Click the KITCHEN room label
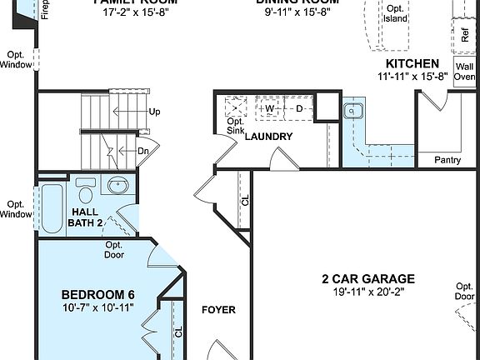click(x=412, y=63)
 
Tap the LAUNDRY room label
click(x=267, y=137)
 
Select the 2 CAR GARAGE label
click(x=368, y=279)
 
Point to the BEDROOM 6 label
click(x=98, y=295)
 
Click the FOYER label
click(x=218, y=310)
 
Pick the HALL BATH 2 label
click(x=91, y=217)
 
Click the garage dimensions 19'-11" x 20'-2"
click(x=368, y=292)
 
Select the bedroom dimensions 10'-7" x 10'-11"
click(x=98, y=308)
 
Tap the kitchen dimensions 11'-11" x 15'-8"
click(x=412, y=76)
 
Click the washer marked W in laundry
click(x=269, y=108)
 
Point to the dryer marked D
click(x=299, y=108)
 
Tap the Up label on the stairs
click(x=154, y=111)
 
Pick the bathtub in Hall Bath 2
click(x=51, y=208)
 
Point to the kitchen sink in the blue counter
click(x=353, y=111)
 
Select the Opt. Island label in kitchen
click(x=394, y=13)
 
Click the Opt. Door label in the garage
click(x=465, y=291)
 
